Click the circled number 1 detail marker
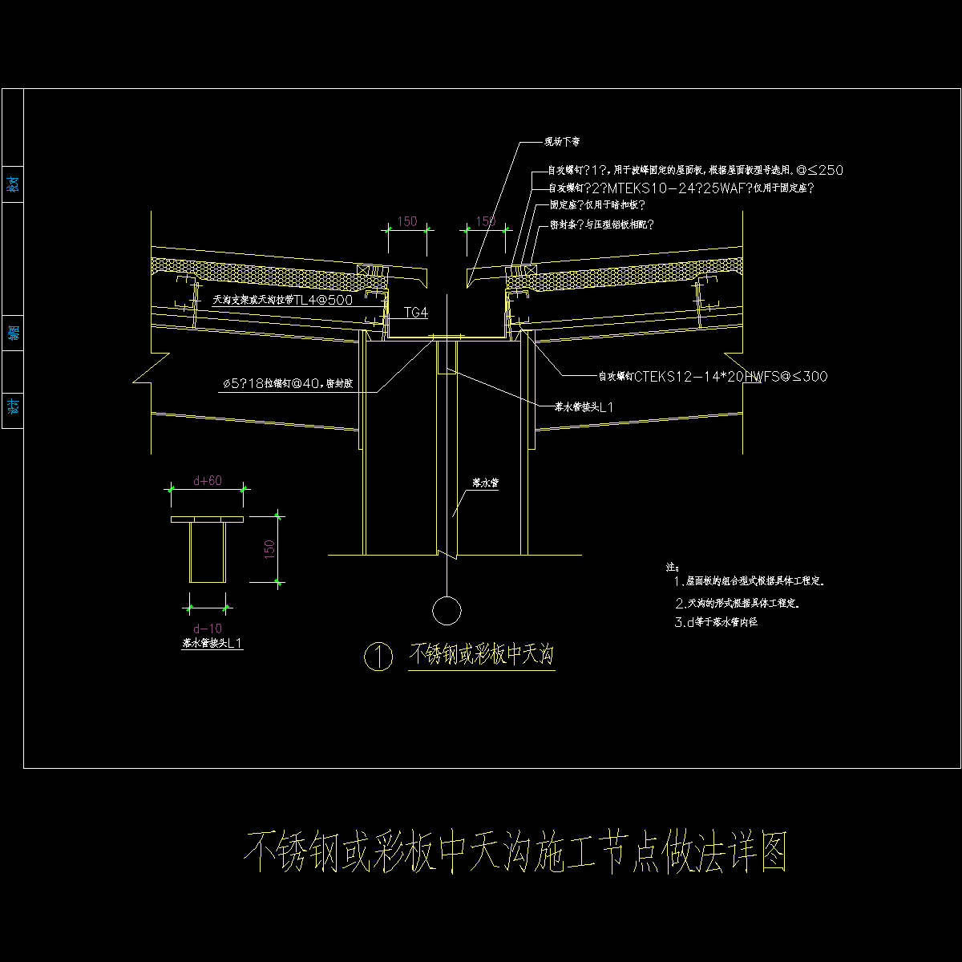378,657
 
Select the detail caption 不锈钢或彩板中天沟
482,655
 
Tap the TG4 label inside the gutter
416,312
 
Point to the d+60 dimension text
208,481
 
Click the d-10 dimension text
208,628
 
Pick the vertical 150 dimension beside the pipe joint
270,548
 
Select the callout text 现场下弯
562,142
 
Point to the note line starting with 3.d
716,622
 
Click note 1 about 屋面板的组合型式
750,581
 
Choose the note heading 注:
673,566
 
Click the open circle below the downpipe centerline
447,610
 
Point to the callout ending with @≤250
695,170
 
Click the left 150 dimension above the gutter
407,221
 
